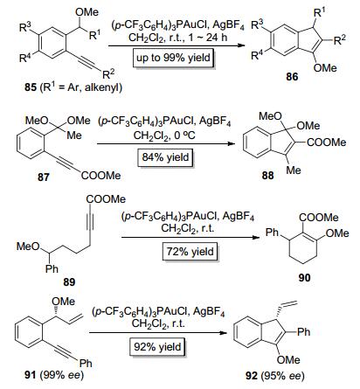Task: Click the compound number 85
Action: [31, 87]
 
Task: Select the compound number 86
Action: [292, 77]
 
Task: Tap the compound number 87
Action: [44, 177]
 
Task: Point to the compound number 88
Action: [267, 176]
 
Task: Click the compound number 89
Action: [69, 281]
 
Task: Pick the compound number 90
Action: [304, 277]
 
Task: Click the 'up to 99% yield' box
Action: [173, 58]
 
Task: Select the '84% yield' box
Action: [165, 157]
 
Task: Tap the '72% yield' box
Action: [190, 252]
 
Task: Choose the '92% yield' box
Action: [157, 347]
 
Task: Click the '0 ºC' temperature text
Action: [185, 135]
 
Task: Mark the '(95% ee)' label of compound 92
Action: [282, 376]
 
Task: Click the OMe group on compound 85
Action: [87, 12]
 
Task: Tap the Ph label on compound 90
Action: [272, 233]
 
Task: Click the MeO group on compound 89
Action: [28, 247]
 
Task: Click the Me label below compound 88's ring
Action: [294, 170]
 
